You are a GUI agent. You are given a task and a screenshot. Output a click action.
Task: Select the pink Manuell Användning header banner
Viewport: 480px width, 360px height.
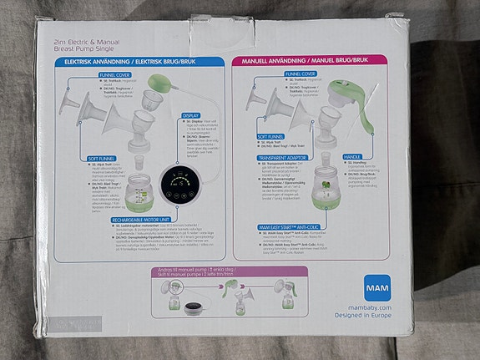[x=321, y=62]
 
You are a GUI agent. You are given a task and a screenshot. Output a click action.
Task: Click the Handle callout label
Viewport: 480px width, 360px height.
[x=353, y=155]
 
